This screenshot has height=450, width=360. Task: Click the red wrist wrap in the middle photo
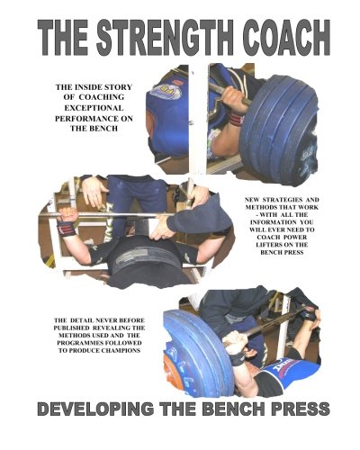coord(67,227)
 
